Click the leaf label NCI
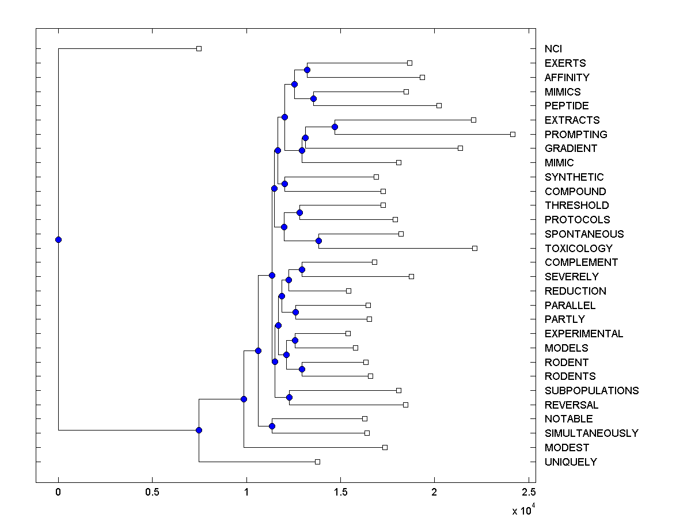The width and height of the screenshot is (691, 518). [553, 49]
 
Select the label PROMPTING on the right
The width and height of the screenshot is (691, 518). [576, 134]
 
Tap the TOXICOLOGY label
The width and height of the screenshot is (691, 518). [579, 248]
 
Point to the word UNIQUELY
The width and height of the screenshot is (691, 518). [571, 462]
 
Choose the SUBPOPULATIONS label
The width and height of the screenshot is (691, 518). [591, 390]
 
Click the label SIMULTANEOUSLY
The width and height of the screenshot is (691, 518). [591, 433]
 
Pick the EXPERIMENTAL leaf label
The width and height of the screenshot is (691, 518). [584, 333]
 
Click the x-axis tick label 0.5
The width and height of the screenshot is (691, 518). [152, 492]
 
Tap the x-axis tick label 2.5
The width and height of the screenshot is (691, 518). [529, 492]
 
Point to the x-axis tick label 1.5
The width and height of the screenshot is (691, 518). [340, 492]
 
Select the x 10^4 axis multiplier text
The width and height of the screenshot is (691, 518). [523, 510]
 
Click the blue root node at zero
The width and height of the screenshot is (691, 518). [58, 239]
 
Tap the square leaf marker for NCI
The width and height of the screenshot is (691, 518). [199, 49]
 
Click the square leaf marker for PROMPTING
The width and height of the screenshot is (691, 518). [512, 134]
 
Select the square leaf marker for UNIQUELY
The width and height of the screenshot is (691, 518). [317, 462]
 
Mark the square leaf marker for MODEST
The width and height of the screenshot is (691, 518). [385, 447]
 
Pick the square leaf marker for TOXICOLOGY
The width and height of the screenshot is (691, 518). [474, 248]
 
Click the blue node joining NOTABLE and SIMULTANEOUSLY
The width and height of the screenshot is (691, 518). [272, 426]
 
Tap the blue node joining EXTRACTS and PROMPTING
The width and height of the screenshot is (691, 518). [335, 127]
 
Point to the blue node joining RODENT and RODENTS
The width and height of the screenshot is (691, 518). [302, 369]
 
